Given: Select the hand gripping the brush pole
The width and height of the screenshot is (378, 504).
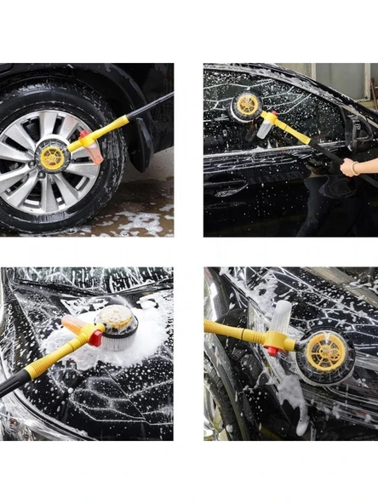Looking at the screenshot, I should click(x=349, y=167).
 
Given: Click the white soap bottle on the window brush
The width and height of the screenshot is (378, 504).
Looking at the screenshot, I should click(x=265, y=126).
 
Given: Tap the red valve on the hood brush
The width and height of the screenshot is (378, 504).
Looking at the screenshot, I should click(x=96, y=338).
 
